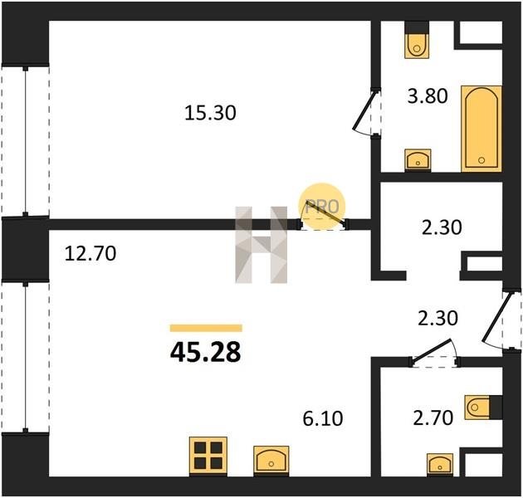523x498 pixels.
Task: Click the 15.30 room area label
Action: coord(210,113)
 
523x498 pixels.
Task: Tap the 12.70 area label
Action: coord(90,253)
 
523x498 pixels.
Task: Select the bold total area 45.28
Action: coord(206,353)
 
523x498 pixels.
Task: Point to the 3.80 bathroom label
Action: coord(428,96)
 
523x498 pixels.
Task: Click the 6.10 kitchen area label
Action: coord(323,418)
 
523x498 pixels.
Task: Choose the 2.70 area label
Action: coord(433,418)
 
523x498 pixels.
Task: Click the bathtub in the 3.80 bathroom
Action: coord(481,129)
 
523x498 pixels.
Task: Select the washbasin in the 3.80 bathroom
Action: coord(418,159)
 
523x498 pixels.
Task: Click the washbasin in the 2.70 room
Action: coord(440,464)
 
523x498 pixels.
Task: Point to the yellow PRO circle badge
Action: coord(322,207)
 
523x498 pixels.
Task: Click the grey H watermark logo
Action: coord(261,245)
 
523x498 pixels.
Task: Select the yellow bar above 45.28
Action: coord(206,328)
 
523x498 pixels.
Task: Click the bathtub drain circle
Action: coord(481,160)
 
